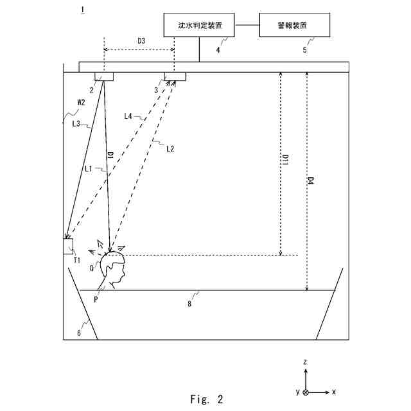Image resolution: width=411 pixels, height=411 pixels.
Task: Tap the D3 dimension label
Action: point(141,41)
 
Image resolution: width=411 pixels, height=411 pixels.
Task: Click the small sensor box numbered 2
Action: point(104,77)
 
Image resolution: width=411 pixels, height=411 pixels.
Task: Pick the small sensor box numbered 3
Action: point(175,77)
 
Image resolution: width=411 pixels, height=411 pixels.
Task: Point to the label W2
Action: point(81,102)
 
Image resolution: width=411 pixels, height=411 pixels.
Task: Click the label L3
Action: point(76,123)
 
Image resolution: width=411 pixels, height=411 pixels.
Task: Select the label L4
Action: point(128,116)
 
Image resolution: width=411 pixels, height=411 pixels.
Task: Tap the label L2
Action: point(170,149)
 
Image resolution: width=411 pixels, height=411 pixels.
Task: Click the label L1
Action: point(89,168)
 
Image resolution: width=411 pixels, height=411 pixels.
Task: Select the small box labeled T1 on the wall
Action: point(68,246)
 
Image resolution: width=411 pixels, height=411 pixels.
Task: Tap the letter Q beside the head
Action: point(92,268)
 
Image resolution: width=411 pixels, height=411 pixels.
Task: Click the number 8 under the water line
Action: point(189,304)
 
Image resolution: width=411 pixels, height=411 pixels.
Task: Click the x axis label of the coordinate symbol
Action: point(335,391)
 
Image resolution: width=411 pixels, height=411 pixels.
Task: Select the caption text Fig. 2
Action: point(207,399)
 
